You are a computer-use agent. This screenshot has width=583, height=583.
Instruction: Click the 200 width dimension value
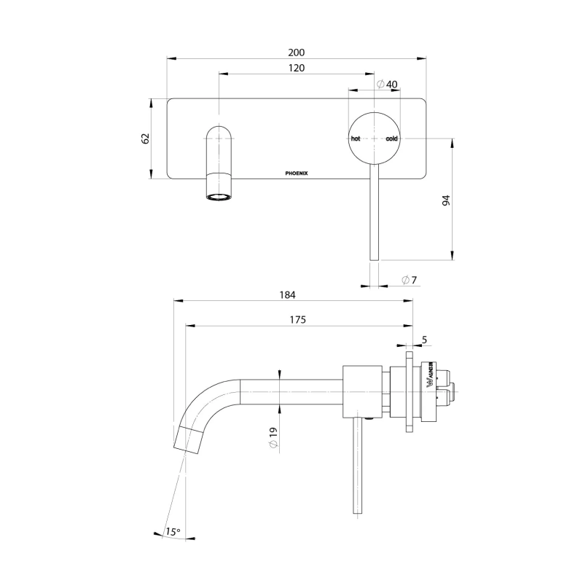[296, 52]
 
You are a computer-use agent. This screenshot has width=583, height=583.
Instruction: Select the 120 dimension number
[295, 68]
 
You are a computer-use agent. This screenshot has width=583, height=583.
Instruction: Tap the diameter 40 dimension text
[387, 84]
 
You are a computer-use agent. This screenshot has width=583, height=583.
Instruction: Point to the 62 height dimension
[145, 138]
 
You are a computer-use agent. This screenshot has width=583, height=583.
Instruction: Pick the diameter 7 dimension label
[409, 280]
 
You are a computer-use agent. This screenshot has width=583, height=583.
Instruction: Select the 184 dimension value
[288, 295]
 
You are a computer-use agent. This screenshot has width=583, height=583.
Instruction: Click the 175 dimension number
[297, 319]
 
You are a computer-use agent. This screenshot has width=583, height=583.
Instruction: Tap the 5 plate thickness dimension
[423, 339]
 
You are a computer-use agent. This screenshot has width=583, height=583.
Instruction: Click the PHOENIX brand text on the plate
[296, 173]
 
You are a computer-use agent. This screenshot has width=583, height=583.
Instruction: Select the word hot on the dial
[356, 138]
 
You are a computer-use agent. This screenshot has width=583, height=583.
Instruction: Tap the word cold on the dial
[391, 138]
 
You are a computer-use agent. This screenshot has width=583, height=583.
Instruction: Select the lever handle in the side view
[358, 466]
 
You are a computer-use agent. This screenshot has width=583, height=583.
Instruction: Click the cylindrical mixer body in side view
[361, 392]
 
